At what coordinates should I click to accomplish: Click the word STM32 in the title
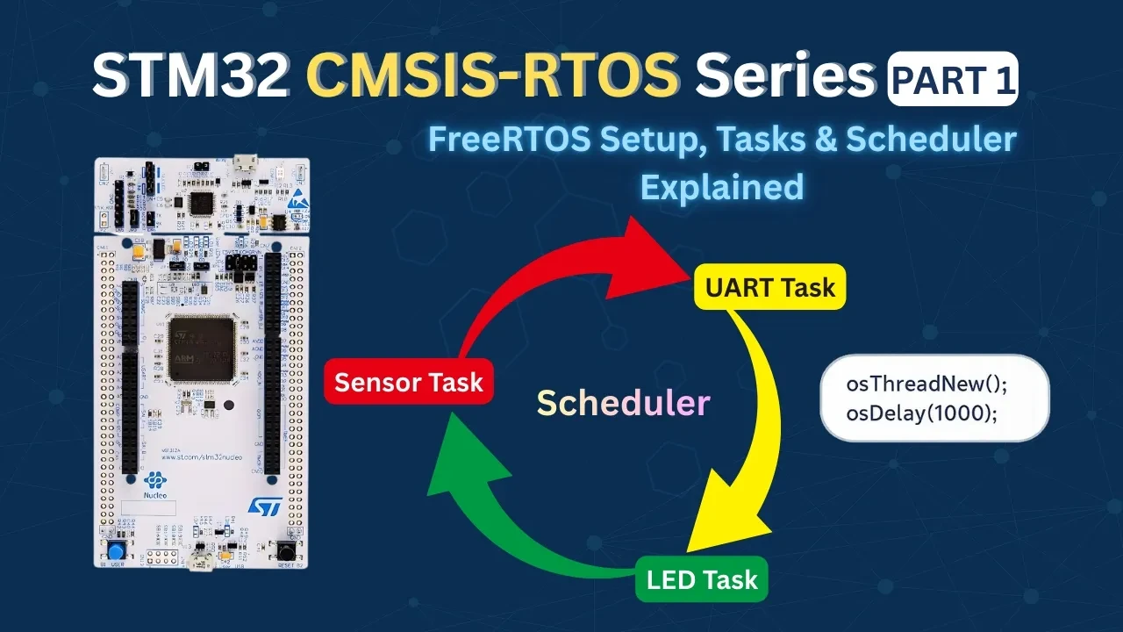pos(191,77)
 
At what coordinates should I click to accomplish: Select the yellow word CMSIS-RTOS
pos(492,77)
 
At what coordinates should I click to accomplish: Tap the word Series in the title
pos(785,77)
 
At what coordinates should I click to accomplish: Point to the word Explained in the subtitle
pos(721,186)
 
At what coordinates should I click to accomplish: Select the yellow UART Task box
pos(769,287)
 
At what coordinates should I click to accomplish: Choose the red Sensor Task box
pos(408,382)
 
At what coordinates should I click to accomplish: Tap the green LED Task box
pos(701,579)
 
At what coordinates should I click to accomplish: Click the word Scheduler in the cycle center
pos(623,403)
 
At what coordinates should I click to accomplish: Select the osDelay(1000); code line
pos(921,411)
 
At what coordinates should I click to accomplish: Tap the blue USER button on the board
pos(116,550)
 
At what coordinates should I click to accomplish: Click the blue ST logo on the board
pos(263,506)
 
